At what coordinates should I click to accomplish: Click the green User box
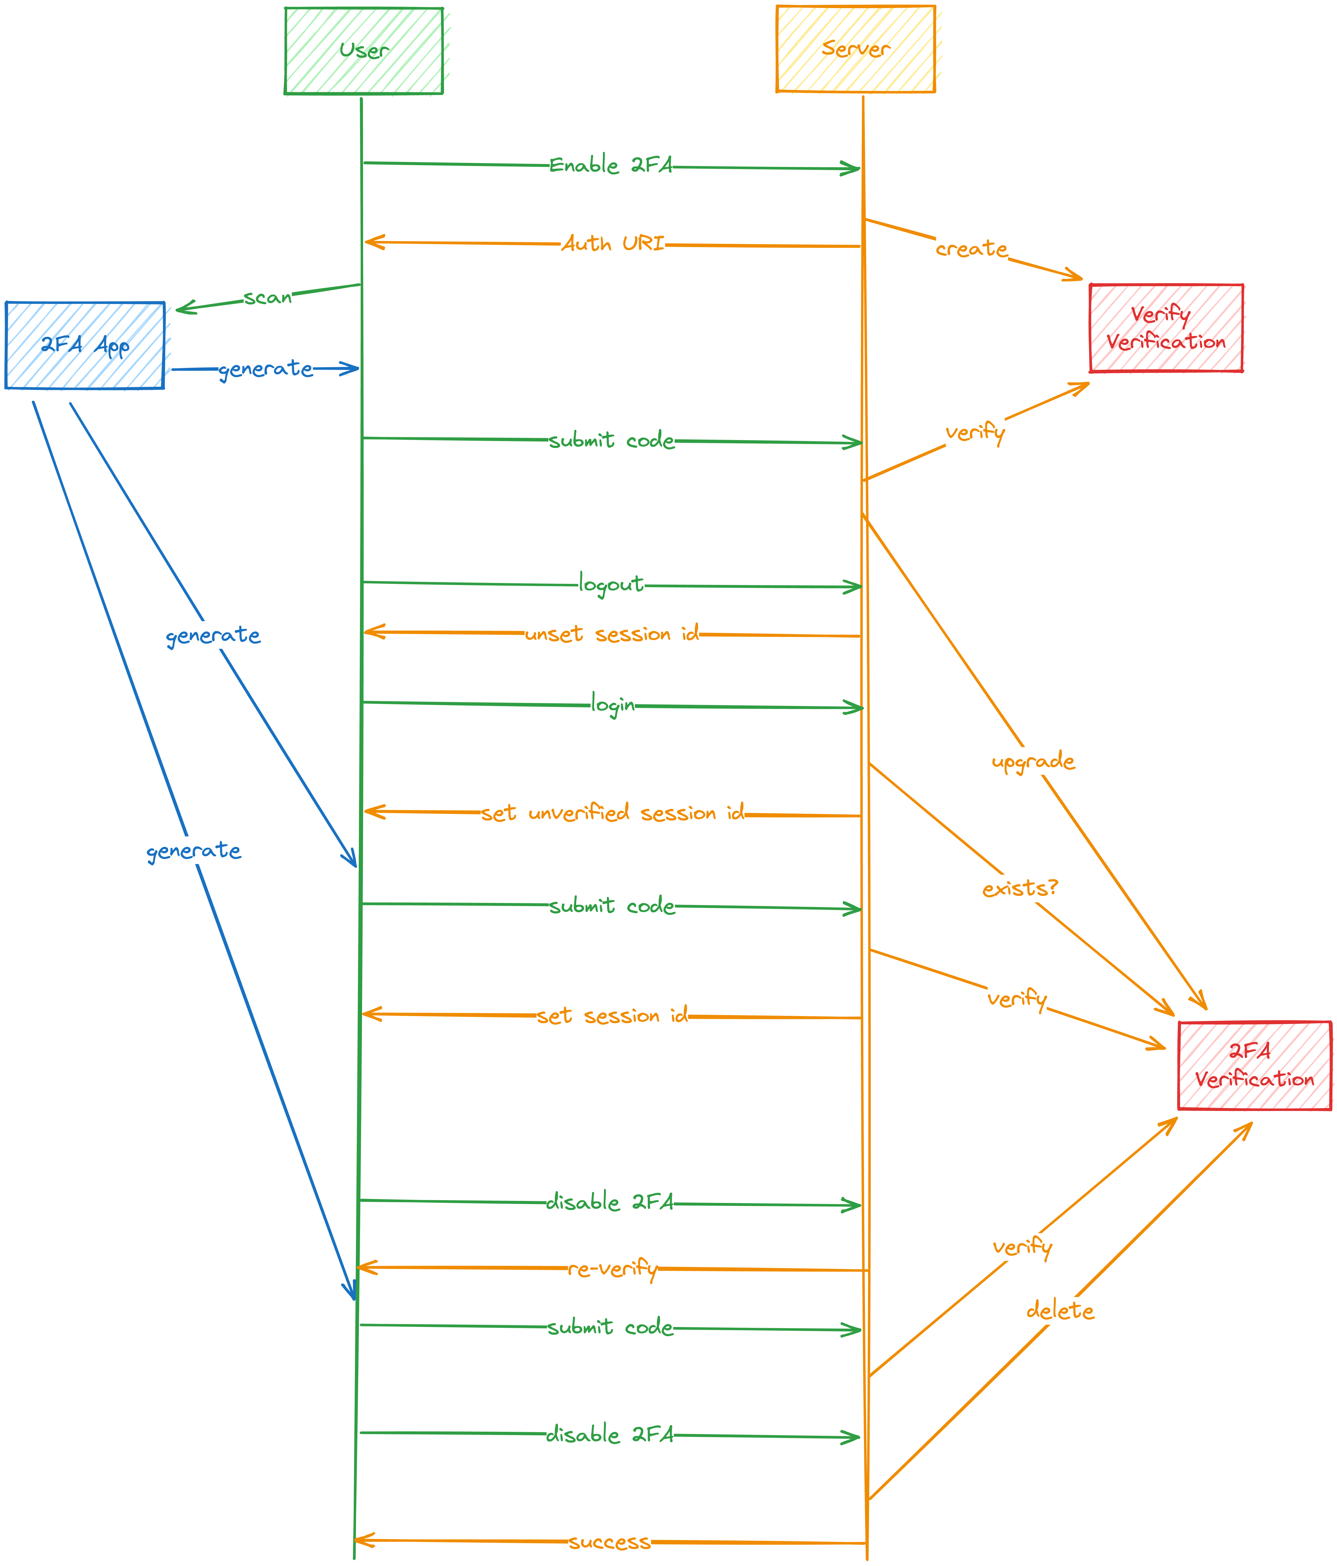364,51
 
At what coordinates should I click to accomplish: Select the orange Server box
856,49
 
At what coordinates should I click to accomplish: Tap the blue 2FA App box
85,345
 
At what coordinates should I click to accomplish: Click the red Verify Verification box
1165,328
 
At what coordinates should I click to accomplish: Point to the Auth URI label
613,243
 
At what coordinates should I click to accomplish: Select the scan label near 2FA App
268,297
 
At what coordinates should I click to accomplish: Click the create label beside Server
971,249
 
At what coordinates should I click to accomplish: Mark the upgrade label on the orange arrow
1033,761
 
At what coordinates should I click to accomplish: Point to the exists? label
1020,888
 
